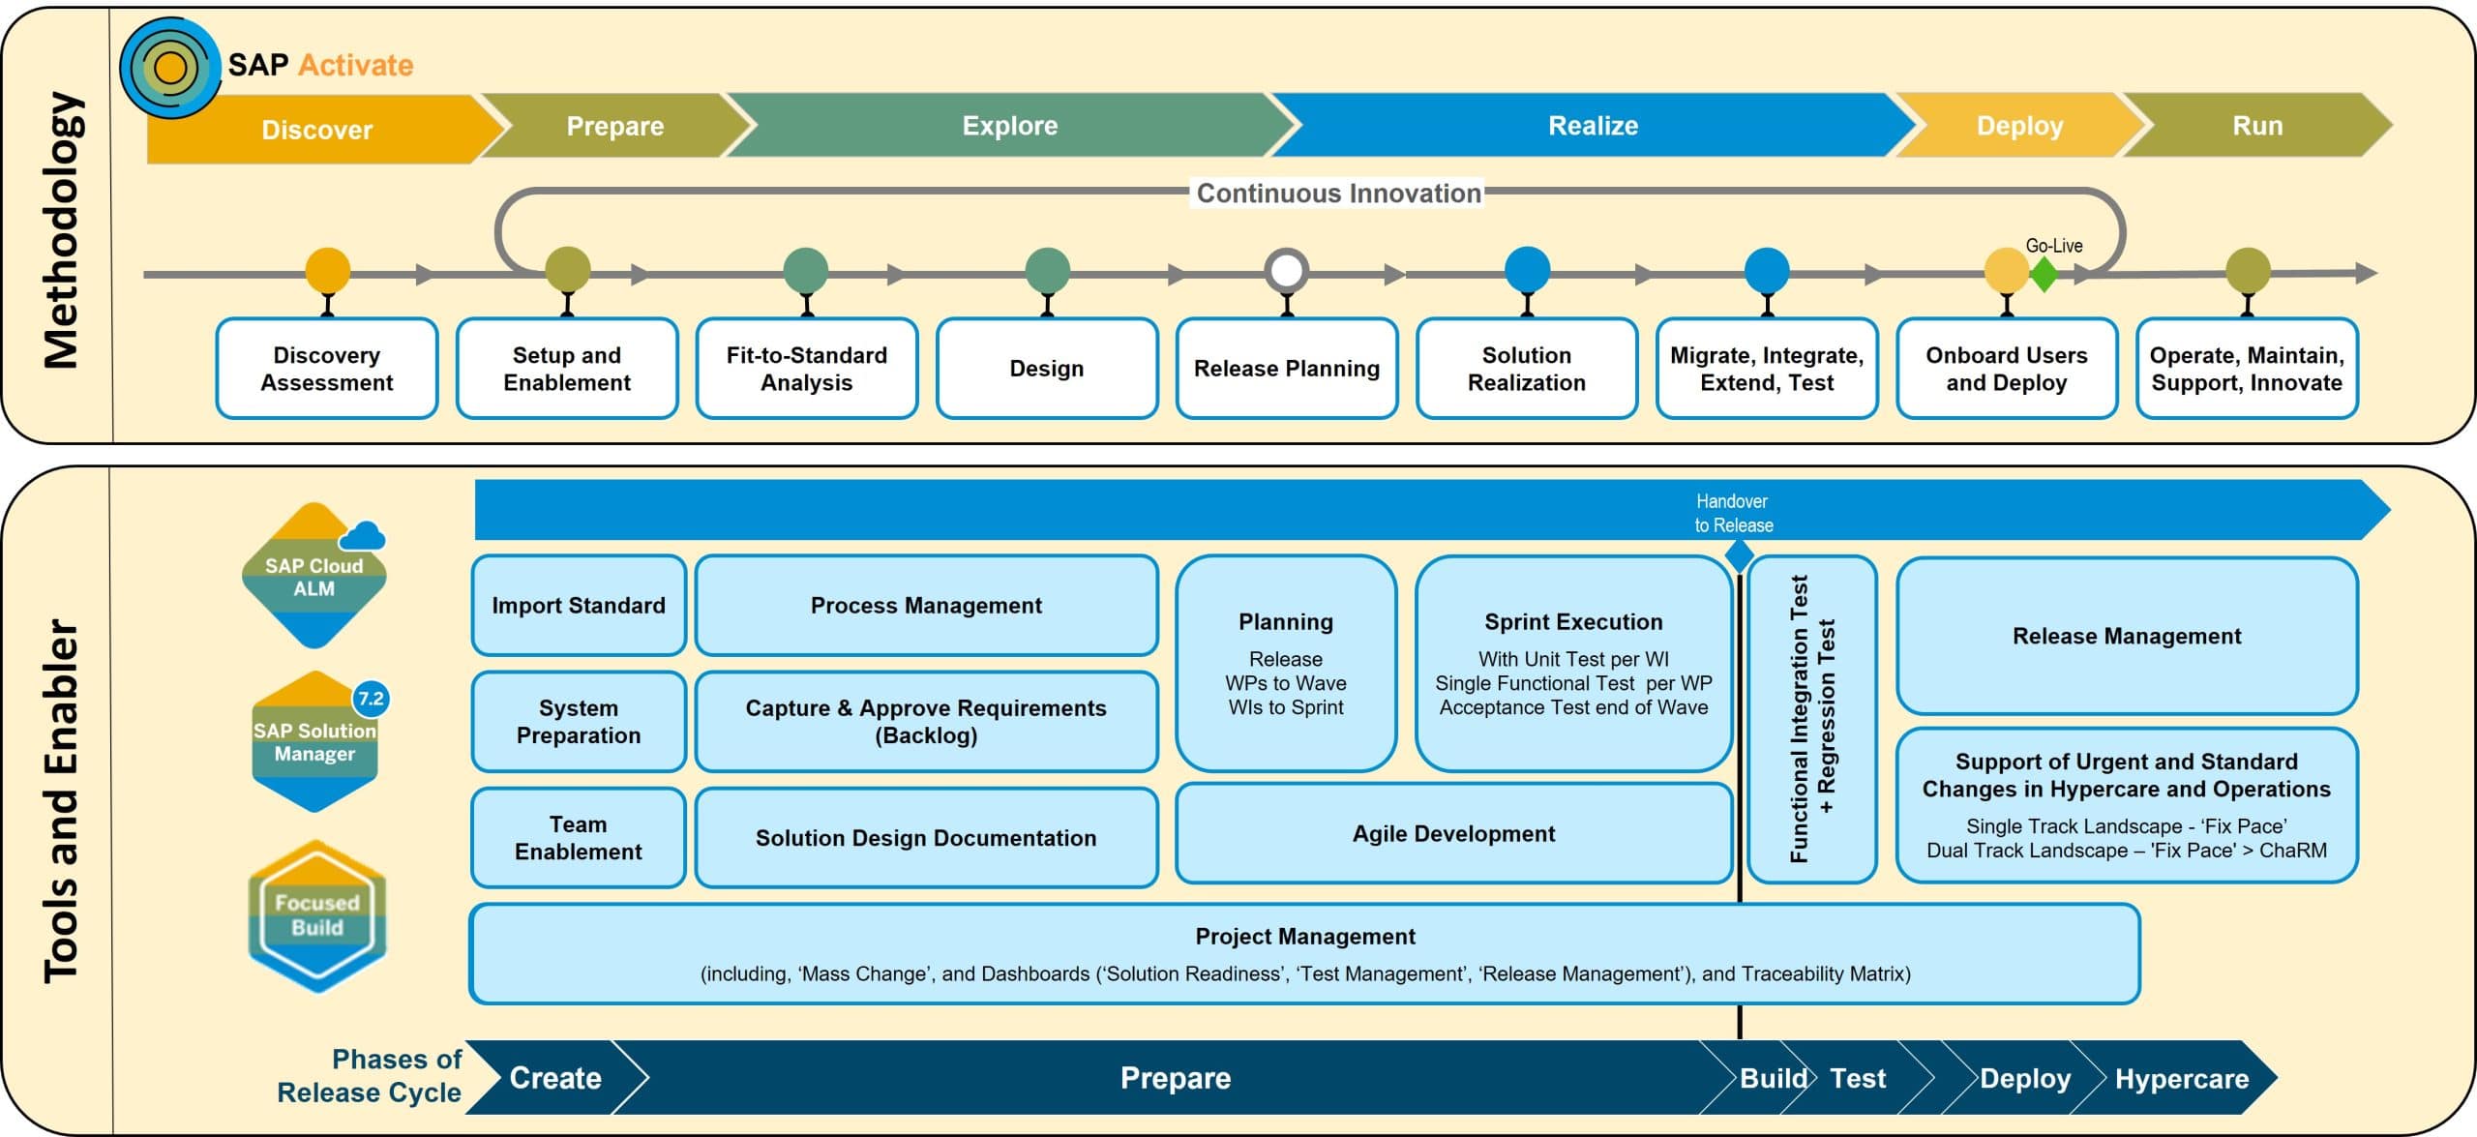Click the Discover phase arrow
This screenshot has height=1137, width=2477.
(317, 129)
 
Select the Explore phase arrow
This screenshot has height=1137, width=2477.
(1009, 126)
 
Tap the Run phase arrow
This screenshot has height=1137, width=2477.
(2256, 126)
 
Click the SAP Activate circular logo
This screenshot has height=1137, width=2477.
(170, 68)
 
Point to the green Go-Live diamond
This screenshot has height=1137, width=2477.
(2044, 275)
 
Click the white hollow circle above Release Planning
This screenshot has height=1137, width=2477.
(1286, 271)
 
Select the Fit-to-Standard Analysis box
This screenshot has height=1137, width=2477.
(806, 369)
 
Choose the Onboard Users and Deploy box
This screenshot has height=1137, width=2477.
(2006, 369)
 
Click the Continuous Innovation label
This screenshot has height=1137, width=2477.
(1338, 194)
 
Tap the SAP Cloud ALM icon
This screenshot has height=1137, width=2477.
(313, 577)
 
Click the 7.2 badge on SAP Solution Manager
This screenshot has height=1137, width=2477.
(371, 699)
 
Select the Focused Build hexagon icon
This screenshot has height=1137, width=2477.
(316, 915)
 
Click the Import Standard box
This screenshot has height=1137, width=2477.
(579, 606)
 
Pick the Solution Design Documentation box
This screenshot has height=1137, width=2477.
(926, 838)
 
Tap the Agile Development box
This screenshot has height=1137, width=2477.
(1453, 834)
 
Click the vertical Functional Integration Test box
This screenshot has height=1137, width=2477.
(1811, 719)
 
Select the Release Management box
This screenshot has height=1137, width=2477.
(2126, 636)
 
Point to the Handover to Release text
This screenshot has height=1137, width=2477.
(1733, 513)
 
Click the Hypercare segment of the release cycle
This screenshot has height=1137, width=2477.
(2181, 1079)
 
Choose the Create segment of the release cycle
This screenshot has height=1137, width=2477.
(555, 1078)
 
